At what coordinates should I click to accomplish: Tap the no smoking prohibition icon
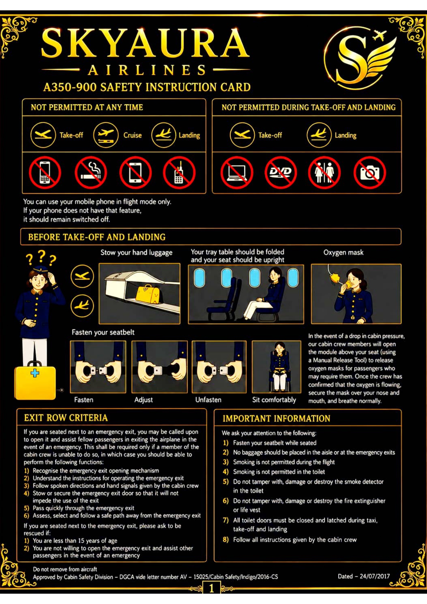[x=91, y=172]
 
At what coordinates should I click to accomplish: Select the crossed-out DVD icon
[x=281, y=172]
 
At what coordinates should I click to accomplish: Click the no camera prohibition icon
[x=369, y=172]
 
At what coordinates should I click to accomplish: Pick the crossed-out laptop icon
[x=237, y=172]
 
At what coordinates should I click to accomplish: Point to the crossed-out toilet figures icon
[x=324, y=172]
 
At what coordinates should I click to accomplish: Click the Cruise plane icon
[x=106, y=135]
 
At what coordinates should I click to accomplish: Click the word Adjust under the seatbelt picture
[x=143, y=400]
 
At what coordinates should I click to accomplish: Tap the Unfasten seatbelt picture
[x=219, y=367]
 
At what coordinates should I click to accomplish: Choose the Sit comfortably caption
[x=274, y=400]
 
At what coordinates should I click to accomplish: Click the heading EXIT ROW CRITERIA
[x=66, y=418]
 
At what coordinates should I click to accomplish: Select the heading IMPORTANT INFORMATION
[x=276, y=418]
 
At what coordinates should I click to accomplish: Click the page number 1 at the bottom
[x=211, y=589]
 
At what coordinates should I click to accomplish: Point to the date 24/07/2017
[x=375, y=576]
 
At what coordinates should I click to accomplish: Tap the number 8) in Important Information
[x=226, y=540]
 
